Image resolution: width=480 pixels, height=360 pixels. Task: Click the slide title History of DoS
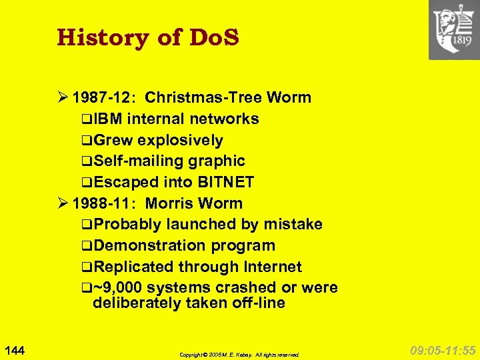pyautogui.click(x=148, y=37)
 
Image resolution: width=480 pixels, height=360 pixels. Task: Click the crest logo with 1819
pyautogui.click(x=453, y=30)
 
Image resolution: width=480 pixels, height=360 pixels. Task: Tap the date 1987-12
pyautogui.click(x=103, y=98)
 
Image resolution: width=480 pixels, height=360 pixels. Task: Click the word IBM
pyautogui.click(x=109, y=119)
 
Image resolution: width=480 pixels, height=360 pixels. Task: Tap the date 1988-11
pyautogui.click(x=103, y=203)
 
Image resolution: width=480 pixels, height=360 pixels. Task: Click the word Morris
pyautogui.click(x=173, y=203)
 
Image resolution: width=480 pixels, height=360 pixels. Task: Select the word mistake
pyautogui.click(x=293, y=225)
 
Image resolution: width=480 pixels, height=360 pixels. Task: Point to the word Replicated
pyautogui.click(x=133, y=267)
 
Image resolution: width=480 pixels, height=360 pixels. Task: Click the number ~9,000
pyautogui.click(x=117, y=288)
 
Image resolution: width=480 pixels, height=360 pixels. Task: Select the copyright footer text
pyautogui.click(x=239, y=355)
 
